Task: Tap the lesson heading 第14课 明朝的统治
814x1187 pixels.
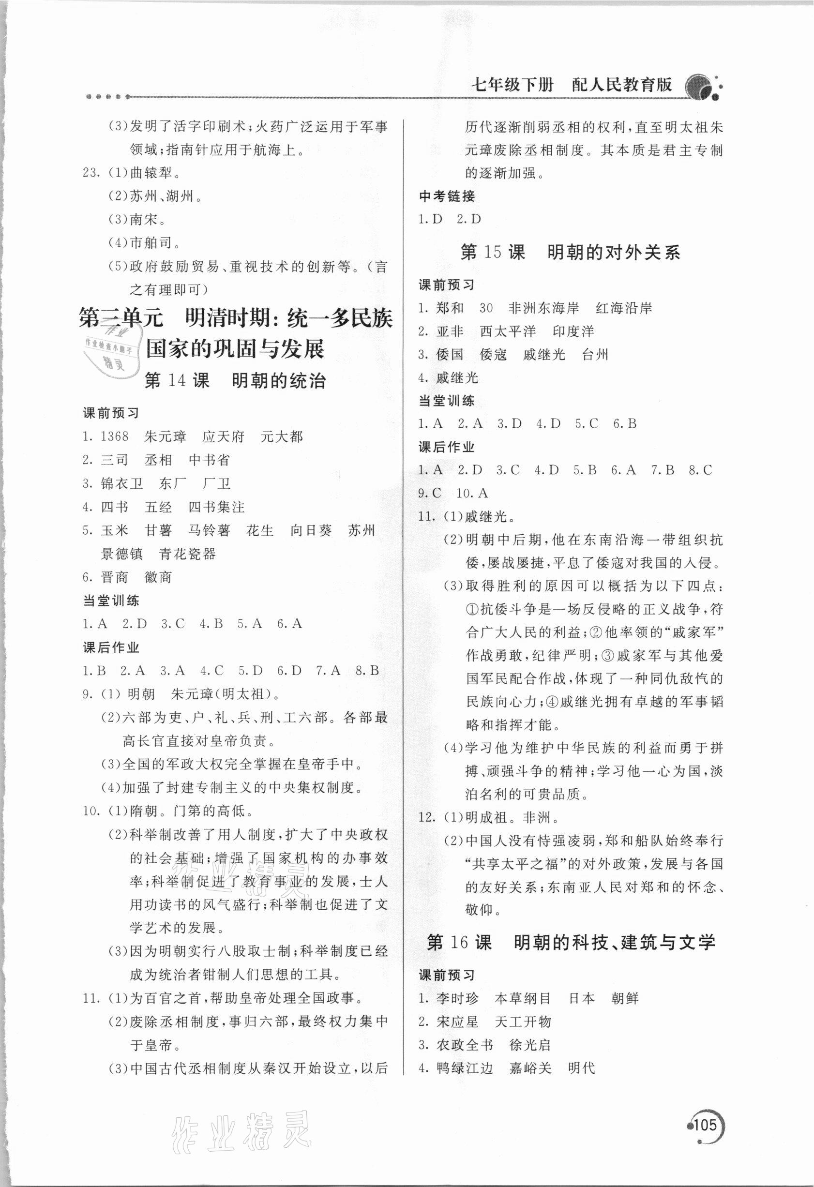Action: tap(235, 380)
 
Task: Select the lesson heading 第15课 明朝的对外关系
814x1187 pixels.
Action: tap(570, 252)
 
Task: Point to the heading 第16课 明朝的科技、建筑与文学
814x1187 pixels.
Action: tap(571, 942)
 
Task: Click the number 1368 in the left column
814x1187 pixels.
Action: tap(115, 436)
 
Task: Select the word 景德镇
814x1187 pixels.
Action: tap(122, 554)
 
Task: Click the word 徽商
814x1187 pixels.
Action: tap(158, 577)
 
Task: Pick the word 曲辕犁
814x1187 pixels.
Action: tap(151, 173)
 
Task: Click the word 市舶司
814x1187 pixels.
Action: tap(151, 243)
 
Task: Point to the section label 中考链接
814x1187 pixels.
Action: tap(447, 195)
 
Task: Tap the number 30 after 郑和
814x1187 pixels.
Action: tap(486, 308)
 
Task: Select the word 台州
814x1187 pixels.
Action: tap(595, 355)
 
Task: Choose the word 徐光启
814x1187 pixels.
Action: tap(530, 1045)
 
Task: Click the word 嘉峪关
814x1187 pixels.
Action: tap(530, 1068)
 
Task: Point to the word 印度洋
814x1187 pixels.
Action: tap(573, 331)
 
